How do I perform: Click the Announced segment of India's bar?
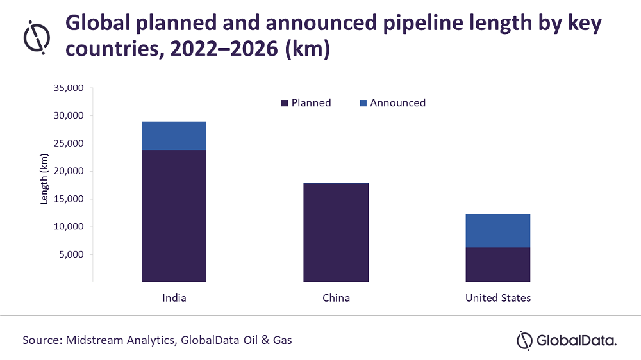[174, 135]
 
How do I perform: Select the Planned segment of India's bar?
[174, 215]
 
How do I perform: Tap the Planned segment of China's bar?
[336, 233]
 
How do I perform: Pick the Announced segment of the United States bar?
[498, 231]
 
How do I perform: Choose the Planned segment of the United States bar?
[498, 265]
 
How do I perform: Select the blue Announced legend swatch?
[363, 103]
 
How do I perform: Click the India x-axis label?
[174, 298]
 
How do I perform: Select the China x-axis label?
[336, 298]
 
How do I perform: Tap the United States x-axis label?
[498, 298]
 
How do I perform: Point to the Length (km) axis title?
[44, 179]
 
